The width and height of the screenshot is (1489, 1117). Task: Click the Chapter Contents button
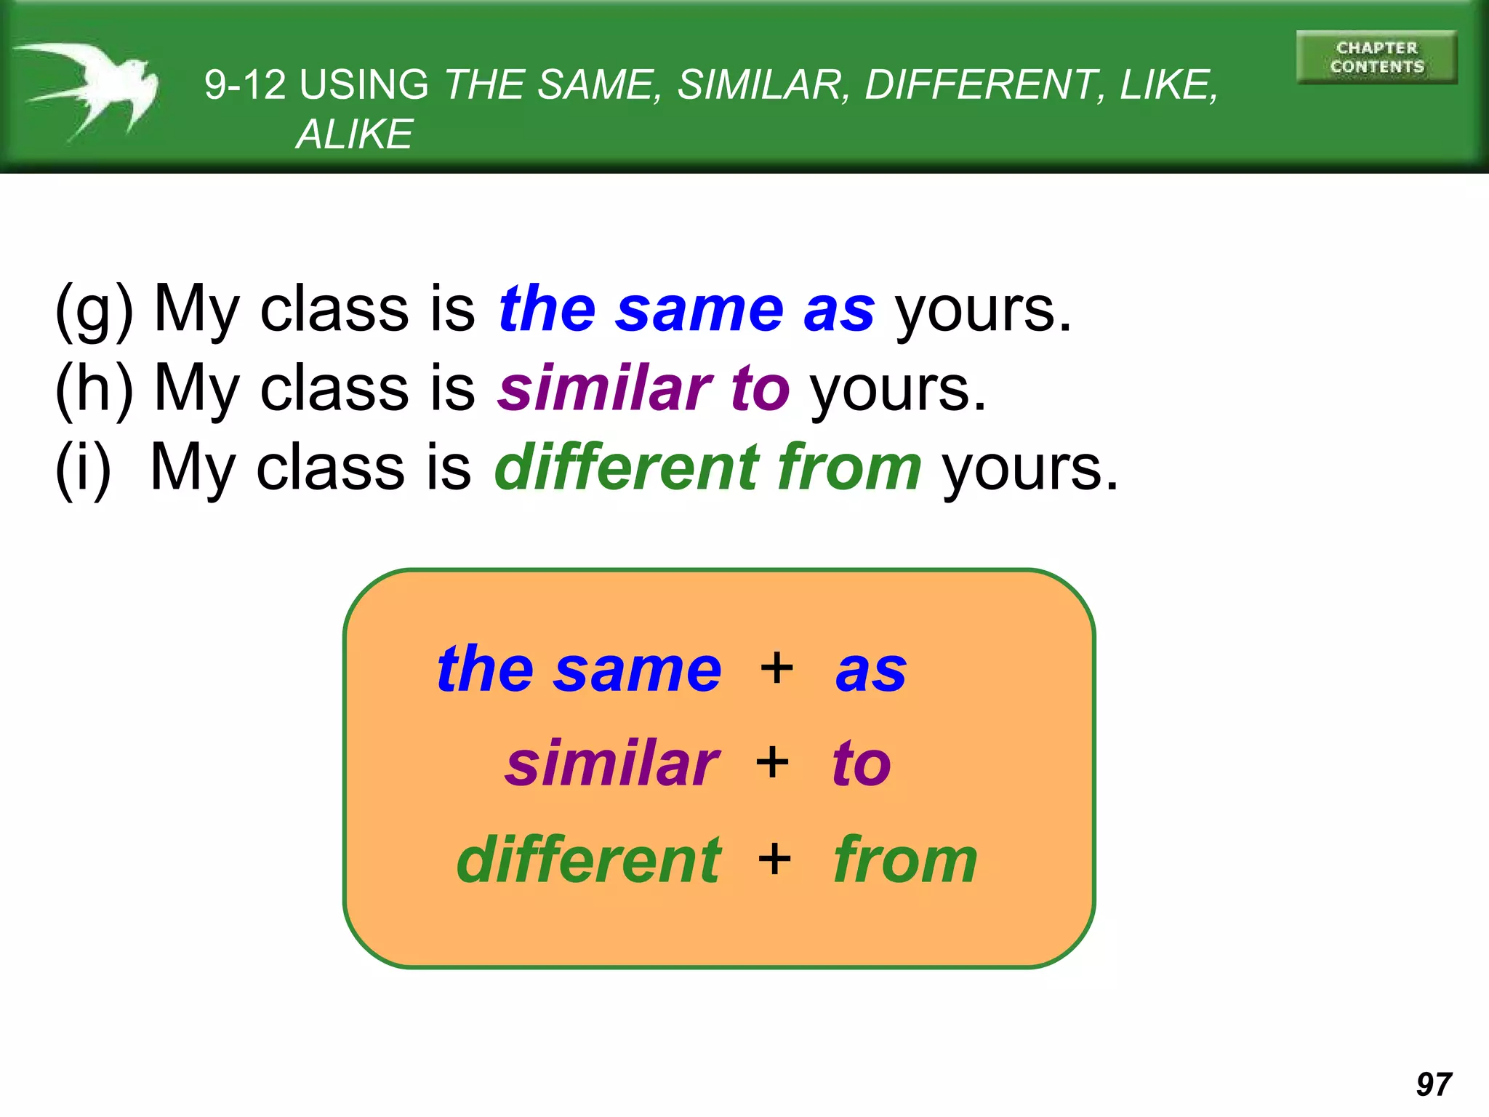click(x=1376, y=57)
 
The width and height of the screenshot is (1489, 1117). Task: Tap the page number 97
click(x=1434, y=1084)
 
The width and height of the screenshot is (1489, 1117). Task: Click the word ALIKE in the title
click(x=354, y=135)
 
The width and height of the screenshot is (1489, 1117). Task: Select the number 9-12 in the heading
click(x=245, y=84)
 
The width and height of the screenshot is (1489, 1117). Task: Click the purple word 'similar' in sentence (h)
click(x=605, y=388)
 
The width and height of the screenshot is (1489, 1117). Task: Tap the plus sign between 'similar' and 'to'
click(x=772, y=762)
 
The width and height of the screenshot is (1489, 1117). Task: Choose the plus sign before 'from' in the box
click(x=774, y=858)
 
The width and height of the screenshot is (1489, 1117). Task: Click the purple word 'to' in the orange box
click(x=862, y=764)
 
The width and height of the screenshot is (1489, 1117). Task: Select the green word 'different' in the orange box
click(x=589, y=860)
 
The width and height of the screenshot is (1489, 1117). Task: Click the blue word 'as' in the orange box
click(x=871, y=670)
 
